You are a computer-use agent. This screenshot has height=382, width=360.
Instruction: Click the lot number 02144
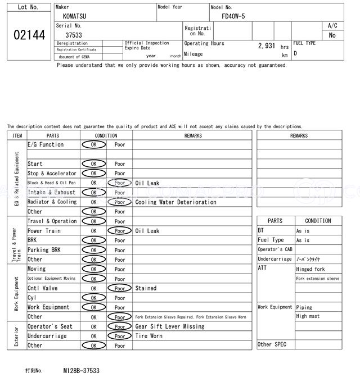pyautogui.click(x=29, y=35)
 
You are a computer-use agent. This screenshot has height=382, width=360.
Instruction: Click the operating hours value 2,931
pyautogui.click(x=266, y=46)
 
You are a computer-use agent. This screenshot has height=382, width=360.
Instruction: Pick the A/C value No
pyautogui.click(x=332, y=35)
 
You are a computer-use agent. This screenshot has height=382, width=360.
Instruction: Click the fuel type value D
pyautogui.click(x=295, y=54)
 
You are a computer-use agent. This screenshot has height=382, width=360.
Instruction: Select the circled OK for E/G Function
pyautogui.click(x=93, y=144)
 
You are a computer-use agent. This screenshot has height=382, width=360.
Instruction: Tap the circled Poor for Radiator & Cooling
pyautogui.click(x=120, y=202)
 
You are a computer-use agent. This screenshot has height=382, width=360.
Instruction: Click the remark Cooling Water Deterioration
pyautogui.click(x=175, y=202)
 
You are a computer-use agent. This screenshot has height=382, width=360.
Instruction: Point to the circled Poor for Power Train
pyautogui.click(x=120, y=231)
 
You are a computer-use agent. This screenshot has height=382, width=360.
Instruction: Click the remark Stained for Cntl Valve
pyautogui.click(x=146, y=288)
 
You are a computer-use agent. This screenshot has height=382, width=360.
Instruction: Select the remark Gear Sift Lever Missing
pyautogui.click(x=170, y=326)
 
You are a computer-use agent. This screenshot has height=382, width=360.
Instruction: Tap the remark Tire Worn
pyautogui.click(x=148, y=336)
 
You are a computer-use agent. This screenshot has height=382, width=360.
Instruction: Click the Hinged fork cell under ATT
pyautogui.click(x=310, y=269)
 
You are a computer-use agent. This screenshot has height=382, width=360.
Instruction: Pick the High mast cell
pyautogui.click(x=308, y=316)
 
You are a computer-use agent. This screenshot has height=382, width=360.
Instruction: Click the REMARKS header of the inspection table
pyautogui.click(x=192, y=135)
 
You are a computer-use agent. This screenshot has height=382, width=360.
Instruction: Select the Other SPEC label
pyautogui.click(x=272, y=344)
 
